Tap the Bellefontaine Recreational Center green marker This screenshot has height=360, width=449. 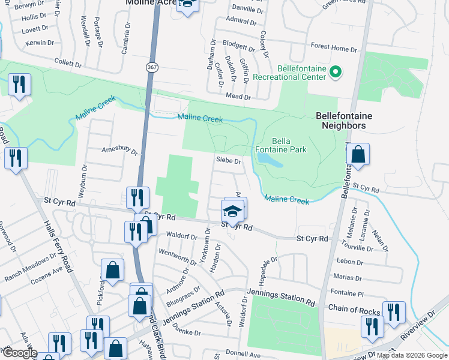336,73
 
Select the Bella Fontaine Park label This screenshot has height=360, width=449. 281,145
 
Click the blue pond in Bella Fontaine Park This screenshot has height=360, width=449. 268,160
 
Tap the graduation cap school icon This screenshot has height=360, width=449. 232,212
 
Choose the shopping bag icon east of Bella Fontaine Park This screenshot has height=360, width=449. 358,155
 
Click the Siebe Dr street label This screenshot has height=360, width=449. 229,161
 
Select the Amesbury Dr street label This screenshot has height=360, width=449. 119,150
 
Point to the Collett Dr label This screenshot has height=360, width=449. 68,63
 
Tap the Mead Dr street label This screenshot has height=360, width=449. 238,96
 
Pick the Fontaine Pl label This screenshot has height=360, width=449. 348,293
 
